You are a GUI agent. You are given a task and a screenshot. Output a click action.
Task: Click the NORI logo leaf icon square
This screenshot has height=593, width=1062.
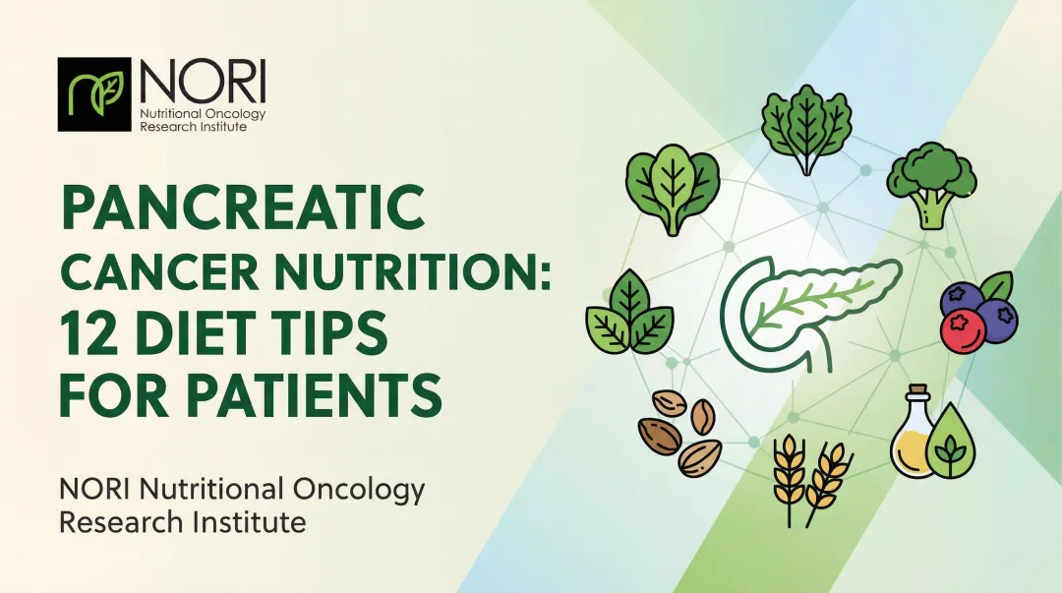pyautogui.click(x=95, y=94)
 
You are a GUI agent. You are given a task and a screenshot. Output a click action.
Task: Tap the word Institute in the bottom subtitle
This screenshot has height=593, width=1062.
pyautogui.click(x=251, y=522)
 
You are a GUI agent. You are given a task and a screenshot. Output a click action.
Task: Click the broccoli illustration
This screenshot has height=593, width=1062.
pyautogui.click(x=930, y=182)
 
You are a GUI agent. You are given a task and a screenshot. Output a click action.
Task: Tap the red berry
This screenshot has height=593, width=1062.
pyautogui.click(x=963, y=331)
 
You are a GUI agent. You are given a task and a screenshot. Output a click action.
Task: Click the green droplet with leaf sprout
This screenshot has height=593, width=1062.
pyautogui.click(x=949, y=444)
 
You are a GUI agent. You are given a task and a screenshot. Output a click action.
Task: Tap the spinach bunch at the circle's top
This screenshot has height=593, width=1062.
pyautogui.click(x=806, y=129)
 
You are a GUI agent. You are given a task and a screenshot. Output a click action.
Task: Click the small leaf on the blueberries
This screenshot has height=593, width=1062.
pyautogui.click(x=995, y=286)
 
